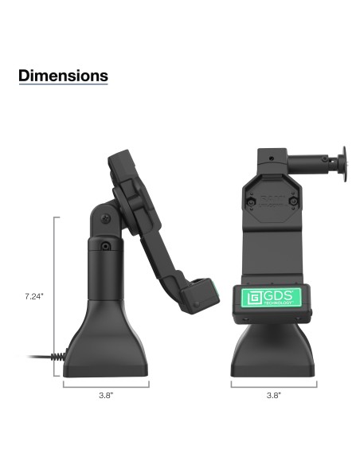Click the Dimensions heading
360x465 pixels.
point(63,76)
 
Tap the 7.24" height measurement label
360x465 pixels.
point(33,295)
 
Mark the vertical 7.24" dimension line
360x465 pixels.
point(55,295)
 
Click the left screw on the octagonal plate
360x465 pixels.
point(251,204)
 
